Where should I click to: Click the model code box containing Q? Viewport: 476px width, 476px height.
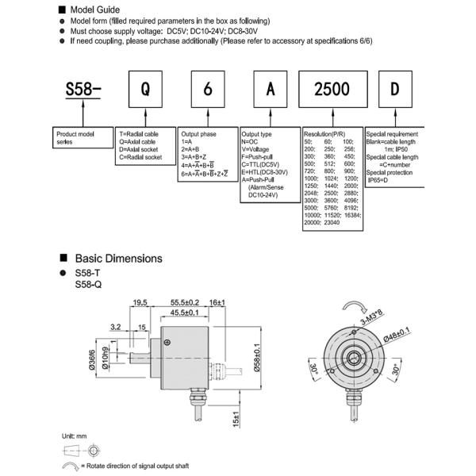click(x=144, y=89)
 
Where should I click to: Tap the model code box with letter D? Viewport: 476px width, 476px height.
click(x=394, y=89)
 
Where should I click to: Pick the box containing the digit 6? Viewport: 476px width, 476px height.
click(x=208, y=89)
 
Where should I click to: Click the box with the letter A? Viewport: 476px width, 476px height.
click(x=271, y=89)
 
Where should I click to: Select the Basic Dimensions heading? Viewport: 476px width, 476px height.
click(x=118, y=258)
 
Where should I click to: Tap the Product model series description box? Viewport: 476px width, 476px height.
click(x=82, y=138)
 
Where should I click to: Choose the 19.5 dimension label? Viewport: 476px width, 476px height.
click(x=140, y=302)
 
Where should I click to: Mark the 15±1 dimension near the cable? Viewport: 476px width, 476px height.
click(x=236, y=419)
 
